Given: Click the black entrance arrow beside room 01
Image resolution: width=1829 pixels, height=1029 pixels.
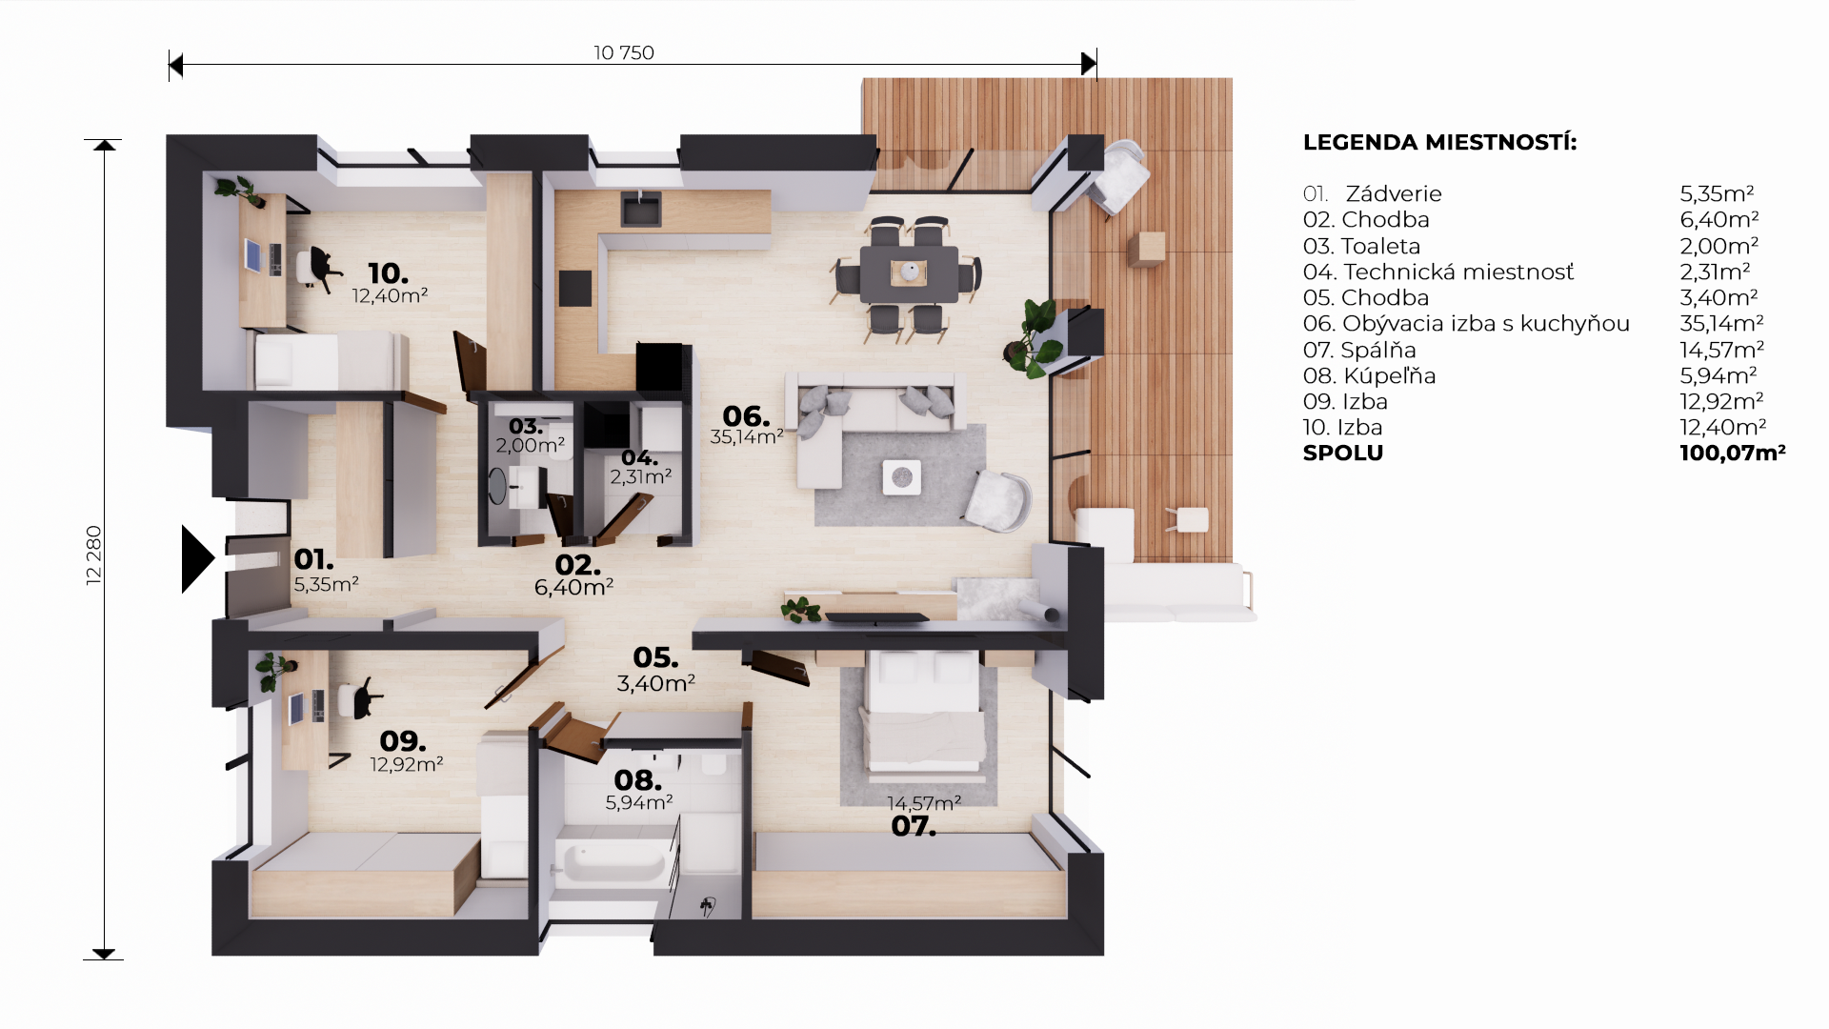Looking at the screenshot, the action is click(x=197, y=559).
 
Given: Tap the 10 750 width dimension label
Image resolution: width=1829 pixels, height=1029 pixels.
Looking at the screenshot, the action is click(x=624, y=53).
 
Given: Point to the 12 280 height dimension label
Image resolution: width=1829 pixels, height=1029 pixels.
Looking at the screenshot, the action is click(x=93, y=555).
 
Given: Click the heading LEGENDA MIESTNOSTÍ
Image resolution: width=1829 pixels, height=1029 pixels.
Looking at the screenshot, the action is click(x=1439, y=143).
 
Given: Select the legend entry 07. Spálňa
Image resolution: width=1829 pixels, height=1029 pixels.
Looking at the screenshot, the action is click(x=1359, y=350).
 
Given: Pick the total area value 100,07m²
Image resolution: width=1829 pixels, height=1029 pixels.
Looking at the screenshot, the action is click(x=1732, y=454).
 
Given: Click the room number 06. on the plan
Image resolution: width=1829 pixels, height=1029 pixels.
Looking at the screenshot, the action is click(x=746, y=416).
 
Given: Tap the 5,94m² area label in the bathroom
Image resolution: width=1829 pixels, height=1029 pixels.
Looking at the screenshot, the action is click(x=639, y=803).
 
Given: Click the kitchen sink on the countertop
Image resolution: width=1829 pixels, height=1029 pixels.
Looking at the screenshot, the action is click(x=641, y=208).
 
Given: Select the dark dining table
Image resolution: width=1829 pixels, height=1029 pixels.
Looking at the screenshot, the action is click(x=910, y=273).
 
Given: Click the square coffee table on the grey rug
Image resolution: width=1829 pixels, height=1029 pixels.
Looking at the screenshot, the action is click(x=901, y=477).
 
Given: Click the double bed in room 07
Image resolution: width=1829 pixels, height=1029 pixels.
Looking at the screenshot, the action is click(x=923, y=711).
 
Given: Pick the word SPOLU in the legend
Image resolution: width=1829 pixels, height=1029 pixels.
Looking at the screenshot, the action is click(x=1343, y=454).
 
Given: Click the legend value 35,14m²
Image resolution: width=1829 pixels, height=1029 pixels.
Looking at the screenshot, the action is click(x=1721, y=324).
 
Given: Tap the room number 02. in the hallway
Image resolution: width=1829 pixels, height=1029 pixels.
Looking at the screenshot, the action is click(x=577, y=565).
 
